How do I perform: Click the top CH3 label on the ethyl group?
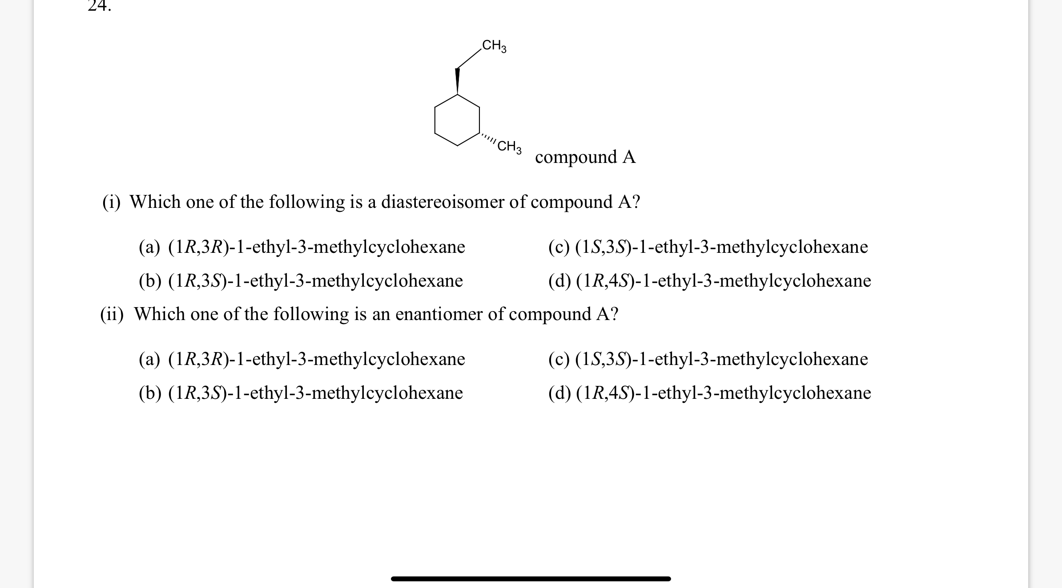click(x=494, y=45)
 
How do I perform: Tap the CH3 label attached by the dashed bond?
click(x=509, y=146)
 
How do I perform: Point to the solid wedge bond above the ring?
click(x=457, y=81)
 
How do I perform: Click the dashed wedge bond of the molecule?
click(x=488, y=138)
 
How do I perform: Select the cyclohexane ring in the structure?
click(x=457, y=120)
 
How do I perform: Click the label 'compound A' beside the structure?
click(x=585, y=157)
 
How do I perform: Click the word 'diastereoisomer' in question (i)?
click(x=442, y=202)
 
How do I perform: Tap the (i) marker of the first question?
click(x=112, y=202)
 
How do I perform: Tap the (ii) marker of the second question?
click(x=112, y=314)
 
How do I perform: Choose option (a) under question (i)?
click(x=302, y=247)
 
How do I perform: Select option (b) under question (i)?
click(x=301, y=281)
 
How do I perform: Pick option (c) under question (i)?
click(x=708, y=247)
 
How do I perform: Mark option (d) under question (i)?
click(x=709, y=281)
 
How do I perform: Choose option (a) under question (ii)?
click(x=302, y=359)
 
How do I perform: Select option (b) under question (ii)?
click(x=301, y=393)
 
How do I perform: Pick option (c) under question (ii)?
click(x=708, y=359)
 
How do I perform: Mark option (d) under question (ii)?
click(x=709, y=393)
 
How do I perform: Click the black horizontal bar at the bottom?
click(x=531, y=579)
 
